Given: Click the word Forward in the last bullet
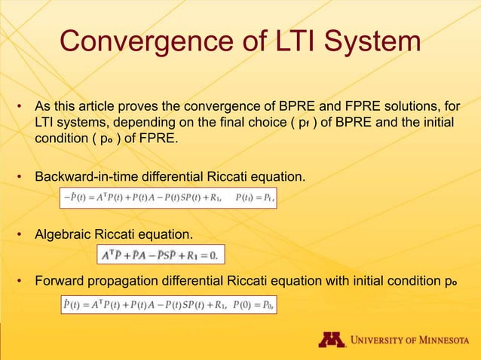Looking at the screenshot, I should (58, 282).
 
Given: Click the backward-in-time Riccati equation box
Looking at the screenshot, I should (168, 199).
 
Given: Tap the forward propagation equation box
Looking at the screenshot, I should (168, 305).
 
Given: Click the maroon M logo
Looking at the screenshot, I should (331, 340).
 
